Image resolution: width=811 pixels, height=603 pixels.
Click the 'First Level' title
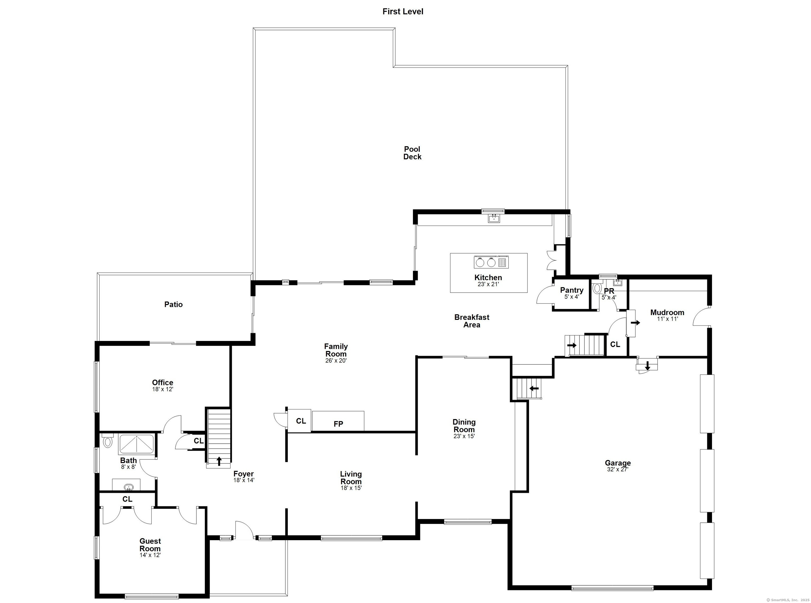click(x=403, y=11)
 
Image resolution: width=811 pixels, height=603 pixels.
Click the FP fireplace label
click(x=338, y=424)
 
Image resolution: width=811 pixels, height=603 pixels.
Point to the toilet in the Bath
click(x=107, y=441)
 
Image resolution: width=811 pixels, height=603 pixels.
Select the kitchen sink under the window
click(x=494, y=218)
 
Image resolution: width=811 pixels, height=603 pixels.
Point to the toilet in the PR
click(x=597, y=288)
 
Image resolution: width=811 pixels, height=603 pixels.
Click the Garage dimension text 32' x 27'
click(x=617, y=469)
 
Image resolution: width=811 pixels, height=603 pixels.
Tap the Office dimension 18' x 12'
click(x=163, y=389)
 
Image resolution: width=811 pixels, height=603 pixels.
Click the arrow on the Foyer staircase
click(x=219, y=461)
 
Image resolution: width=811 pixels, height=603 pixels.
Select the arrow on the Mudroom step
click(x=635, y=323)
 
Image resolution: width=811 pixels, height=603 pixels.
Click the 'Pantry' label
click(x=572, y=290)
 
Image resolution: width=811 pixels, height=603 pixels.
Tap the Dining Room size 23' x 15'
click(x=464, y=436)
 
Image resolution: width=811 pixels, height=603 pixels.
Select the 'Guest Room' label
click(x=150, y=545)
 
